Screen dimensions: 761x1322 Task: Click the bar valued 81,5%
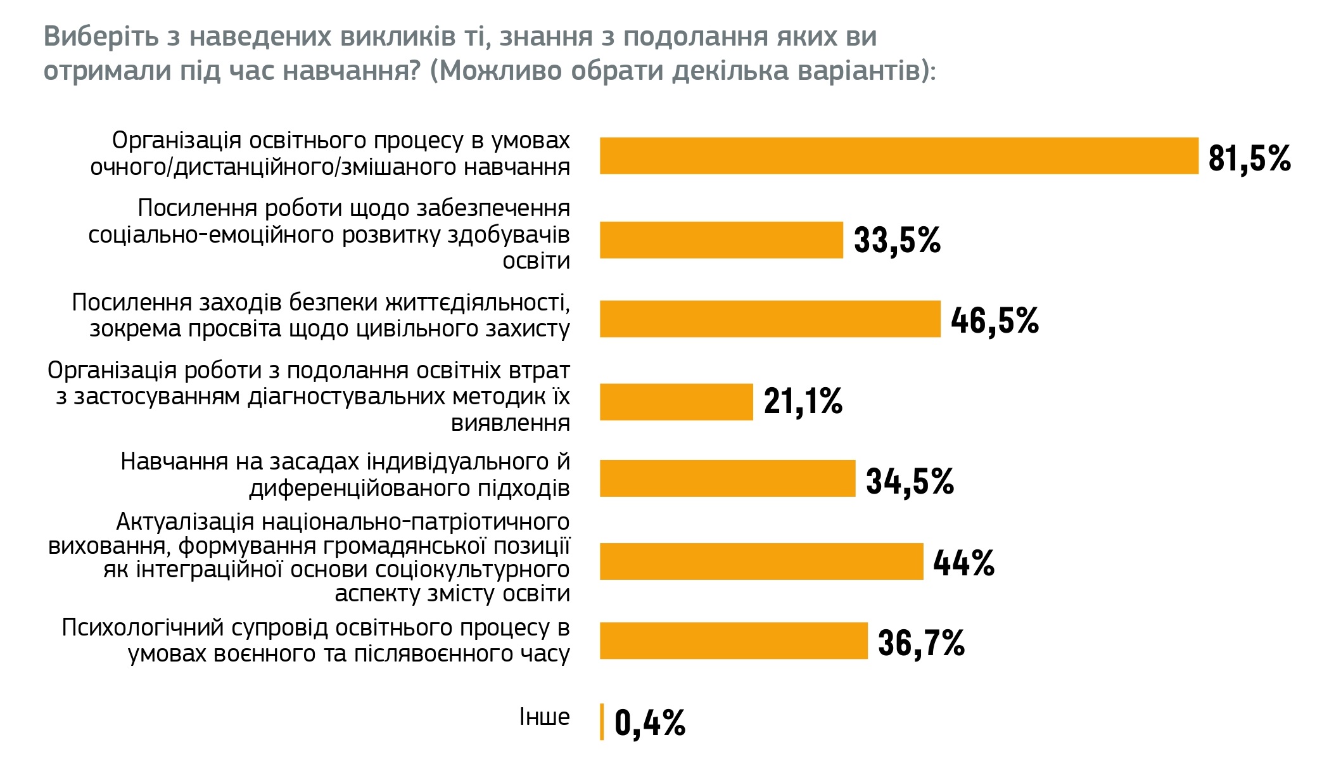[x=899, y=156]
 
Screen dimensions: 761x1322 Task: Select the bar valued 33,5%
[x=721, y=240]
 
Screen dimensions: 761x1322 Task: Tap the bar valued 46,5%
[x=770, y=319]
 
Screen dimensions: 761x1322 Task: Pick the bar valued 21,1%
[x=676, y=402]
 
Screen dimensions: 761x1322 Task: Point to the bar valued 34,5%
[x=727, y=478]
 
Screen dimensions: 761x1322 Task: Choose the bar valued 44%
[x=761, y=561]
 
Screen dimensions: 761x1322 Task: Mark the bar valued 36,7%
[x=734, y=641]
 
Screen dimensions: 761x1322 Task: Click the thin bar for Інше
[x=602, y=722]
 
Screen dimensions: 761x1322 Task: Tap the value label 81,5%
[x=1249, y=158]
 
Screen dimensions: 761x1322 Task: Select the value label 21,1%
[x=803, y=402]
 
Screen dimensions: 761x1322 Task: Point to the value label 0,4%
[x=650, y=723]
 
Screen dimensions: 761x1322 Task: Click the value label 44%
[x=963, y=563]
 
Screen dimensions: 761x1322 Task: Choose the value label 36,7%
[x=921, y=643]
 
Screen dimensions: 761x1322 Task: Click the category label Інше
[x=544, y=717]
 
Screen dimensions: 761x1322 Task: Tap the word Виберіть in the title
[x=101, y=37]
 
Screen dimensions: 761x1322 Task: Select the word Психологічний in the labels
[x=142, y=628]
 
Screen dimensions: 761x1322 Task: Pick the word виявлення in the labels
[x=510, y=423]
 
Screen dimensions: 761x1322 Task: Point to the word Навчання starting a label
[x=174, y=462]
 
